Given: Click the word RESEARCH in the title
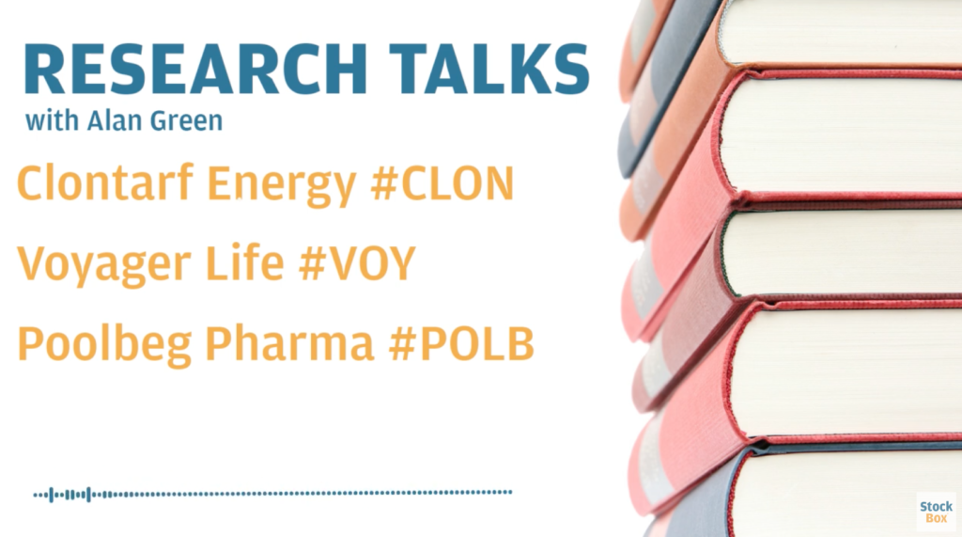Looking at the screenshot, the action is coord(196,69).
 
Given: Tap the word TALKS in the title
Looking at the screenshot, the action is coord(489,69).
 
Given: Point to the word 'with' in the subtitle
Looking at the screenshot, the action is coord(53,120).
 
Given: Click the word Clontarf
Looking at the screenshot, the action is coord(105,182).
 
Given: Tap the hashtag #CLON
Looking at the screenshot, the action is coord(442,183).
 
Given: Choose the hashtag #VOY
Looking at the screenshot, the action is coord(357,263).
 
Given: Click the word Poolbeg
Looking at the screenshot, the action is coord(104,345).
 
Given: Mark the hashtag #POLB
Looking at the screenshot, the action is coord(461,343).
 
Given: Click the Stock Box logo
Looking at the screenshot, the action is coord(937,512).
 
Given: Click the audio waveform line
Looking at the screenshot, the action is coord(272,494).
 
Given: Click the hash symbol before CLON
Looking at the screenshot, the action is coord(384,184).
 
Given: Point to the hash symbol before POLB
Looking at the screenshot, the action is coord(402,343).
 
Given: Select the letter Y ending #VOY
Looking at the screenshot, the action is coord(401,263).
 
